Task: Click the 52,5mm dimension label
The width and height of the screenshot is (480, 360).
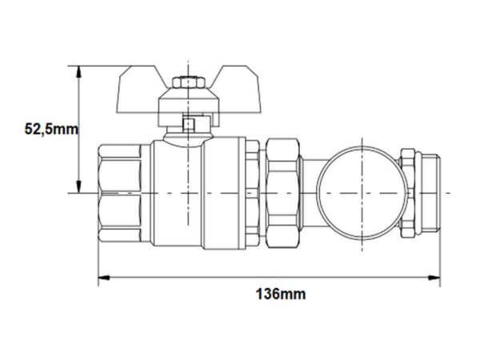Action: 51,129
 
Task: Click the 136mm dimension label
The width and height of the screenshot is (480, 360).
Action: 281,294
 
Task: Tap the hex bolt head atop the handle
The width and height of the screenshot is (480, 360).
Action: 188,82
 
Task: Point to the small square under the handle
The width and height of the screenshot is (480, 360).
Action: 188,124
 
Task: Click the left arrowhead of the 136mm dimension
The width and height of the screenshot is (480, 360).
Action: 104,278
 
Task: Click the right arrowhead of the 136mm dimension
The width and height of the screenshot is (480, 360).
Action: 434,278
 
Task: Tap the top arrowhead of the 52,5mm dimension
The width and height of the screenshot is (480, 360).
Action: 79,72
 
